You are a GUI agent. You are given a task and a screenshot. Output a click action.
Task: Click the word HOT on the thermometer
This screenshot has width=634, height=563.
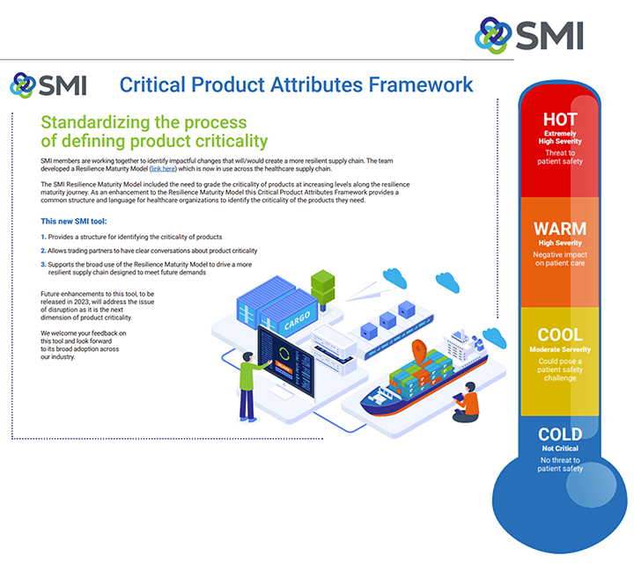(x=560, y=120)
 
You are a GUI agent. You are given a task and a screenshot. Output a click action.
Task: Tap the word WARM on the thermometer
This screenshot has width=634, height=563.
(x=560, y=230)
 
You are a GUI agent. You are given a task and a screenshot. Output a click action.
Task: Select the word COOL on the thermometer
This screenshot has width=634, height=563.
(x=560, y=335)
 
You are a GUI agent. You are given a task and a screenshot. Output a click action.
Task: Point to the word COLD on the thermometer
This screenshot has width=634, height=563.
(x=560, y=435)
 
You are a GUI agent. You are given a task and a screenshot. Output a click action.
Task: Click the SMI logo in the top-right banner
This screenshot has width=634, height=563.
(x=528, y=36)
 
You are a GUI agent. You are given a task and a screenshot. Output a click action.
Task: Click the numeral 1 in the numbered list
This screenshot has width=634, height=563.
(x=43, y=238)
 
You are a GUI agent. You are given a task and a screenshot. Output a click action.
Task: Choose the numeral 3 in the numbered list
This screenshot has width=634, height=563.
(x=43, y=264)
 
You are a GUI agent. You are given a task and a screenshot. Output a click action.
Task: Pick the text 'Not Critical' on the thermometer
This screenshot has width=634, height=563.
(x=560, y=450)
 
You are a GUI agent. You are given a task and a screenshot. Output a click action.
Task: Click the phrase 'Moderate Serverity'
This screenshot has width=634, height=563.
(x=560, y=350)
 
